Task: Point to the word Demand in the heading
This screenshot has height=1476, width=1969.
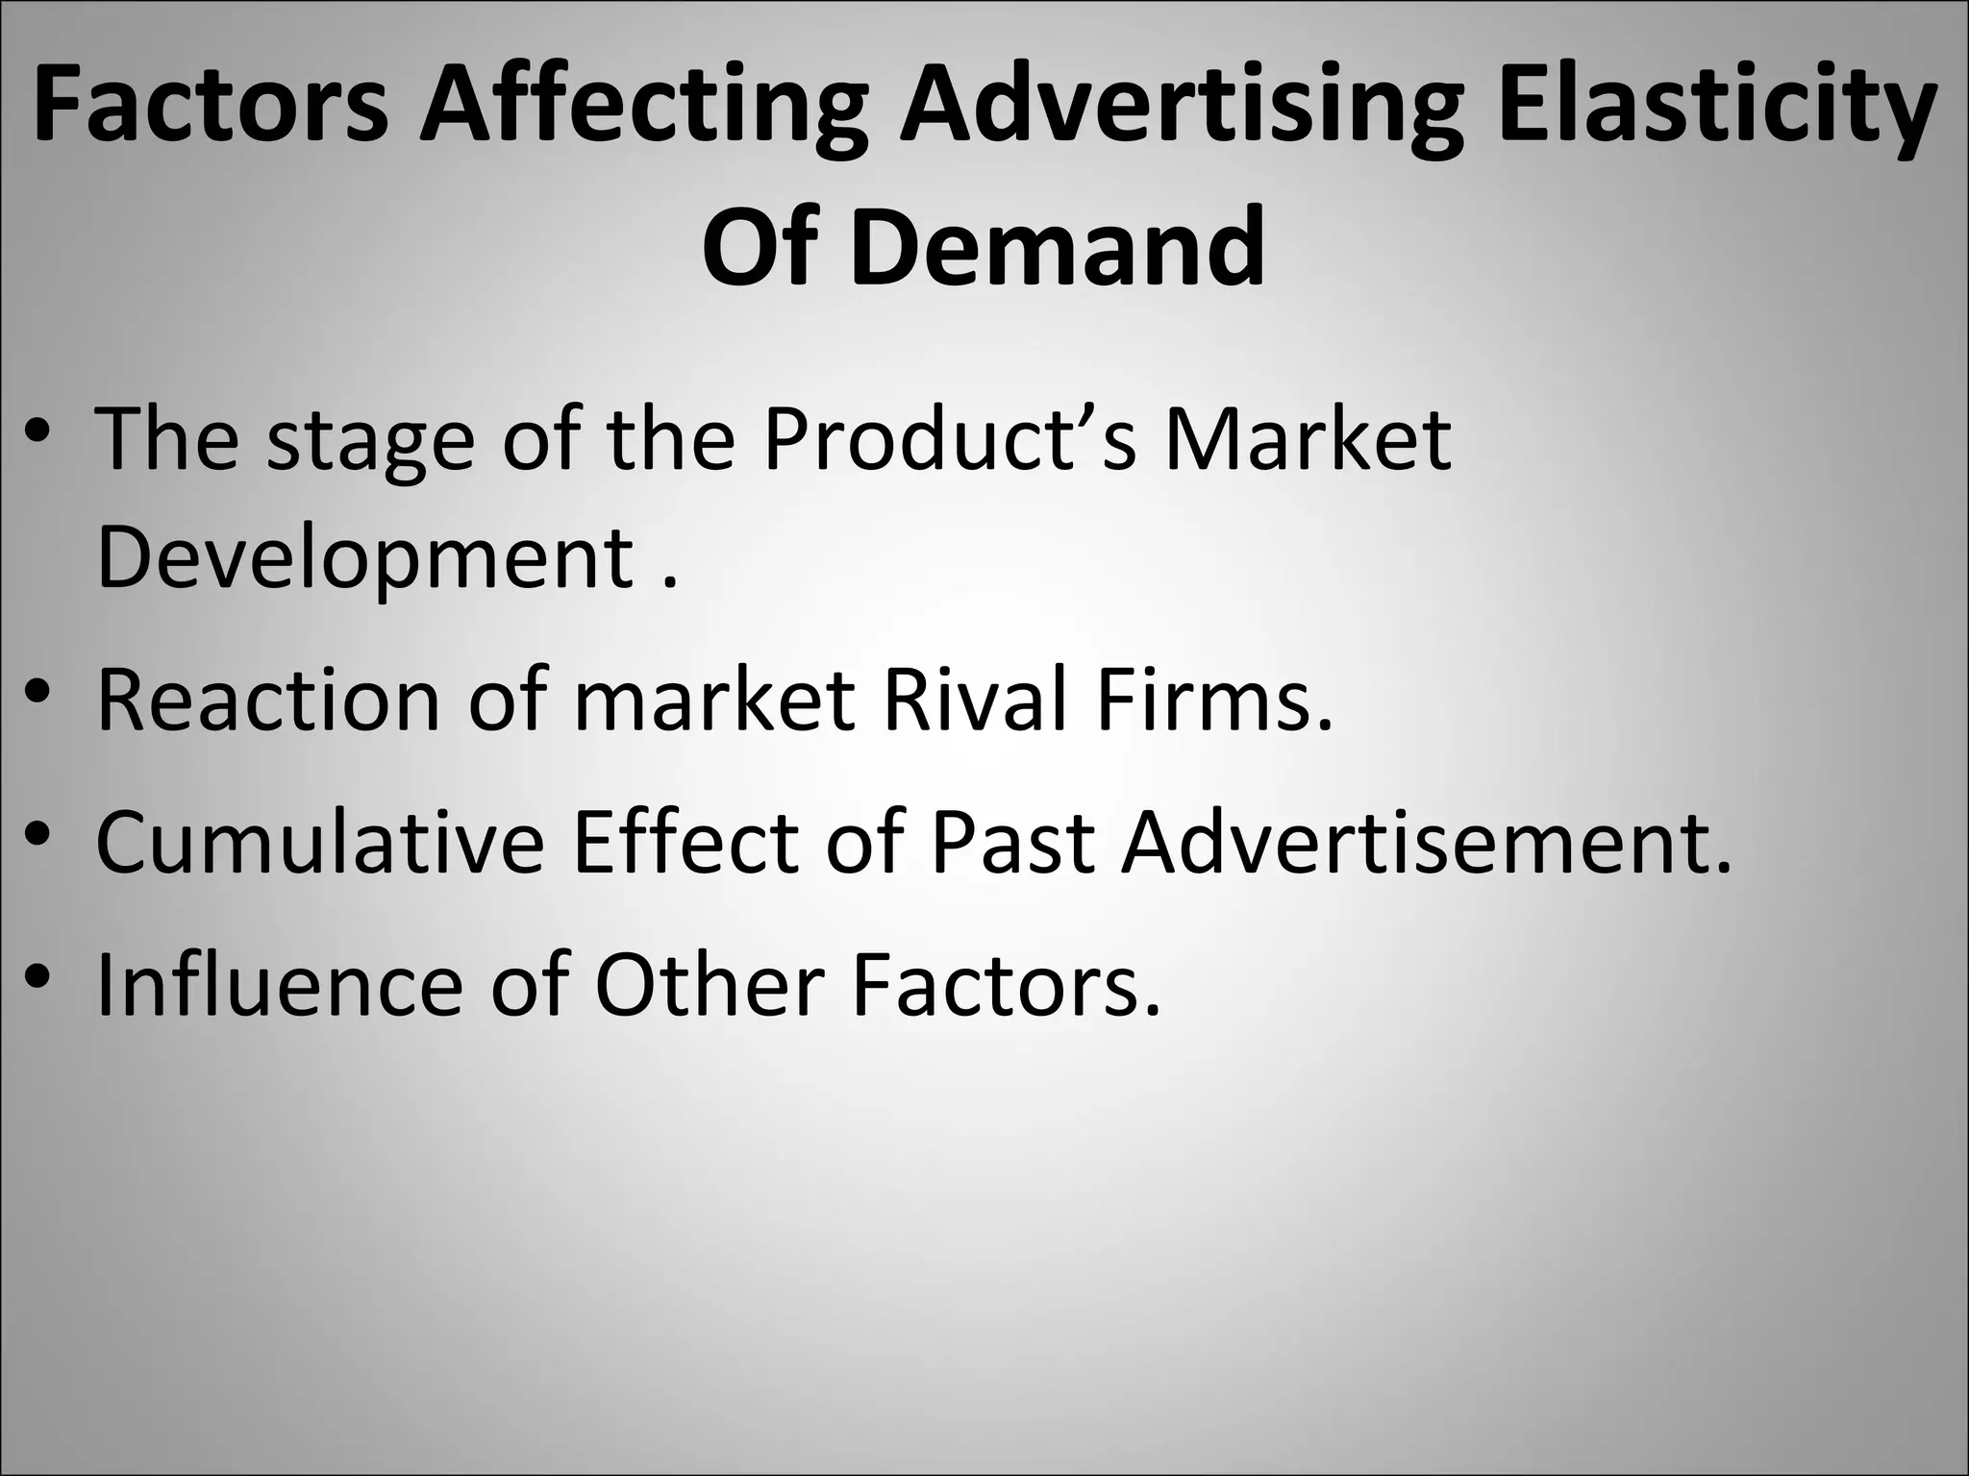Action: pos(1058,248)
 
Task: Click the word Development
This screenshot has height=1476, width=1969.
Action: pos(364,559)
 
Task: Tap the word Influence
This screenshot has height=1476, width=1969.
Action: pos(280,986)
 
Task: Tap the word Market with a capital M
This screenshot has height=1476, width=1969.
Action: pos(1308,440)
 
